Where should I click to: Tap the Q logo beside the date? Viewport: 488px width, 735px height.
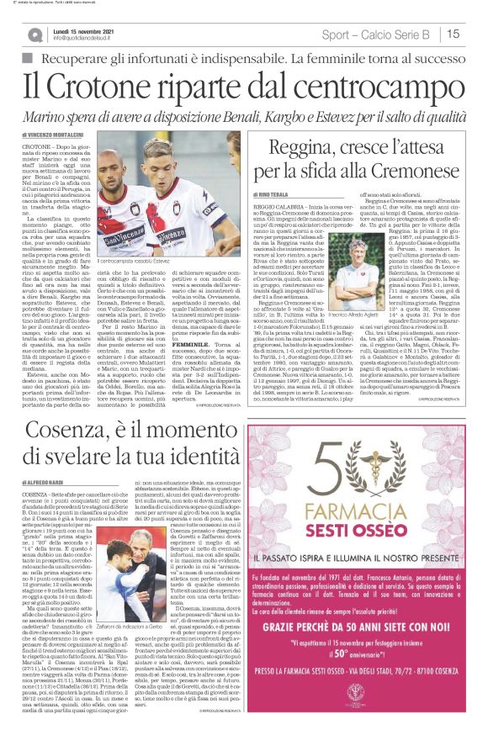[x=34, y=35]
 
